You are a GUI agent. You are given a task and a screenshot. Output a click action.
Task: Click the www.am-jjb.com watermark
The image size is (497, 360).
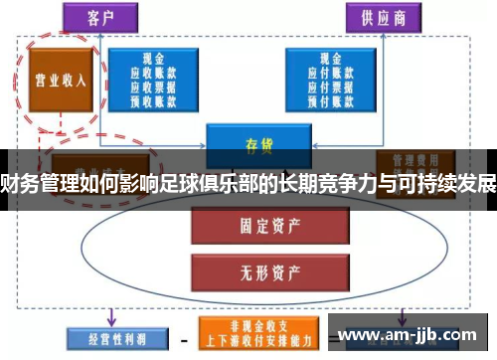point(410,335)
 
